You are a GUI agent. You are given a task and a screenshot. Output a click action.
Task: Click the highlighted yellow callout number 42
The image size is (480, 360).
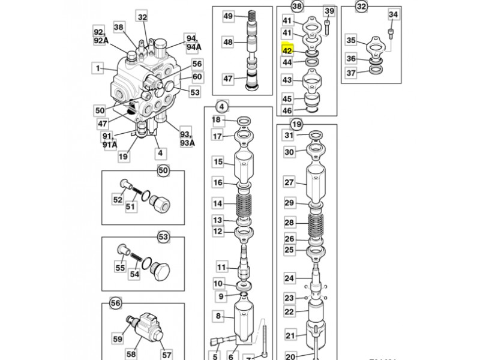click(287, 52)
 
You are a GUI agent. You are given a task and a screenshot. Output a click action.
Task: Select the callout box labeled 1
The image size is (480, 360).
click(97, 68)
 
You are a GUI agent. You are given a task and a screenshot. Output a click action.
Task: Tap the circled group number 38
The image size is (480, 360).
click(297, 7)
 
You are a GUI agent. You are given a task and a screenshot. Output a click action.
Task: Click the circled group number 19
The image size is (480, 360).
click(296, 124)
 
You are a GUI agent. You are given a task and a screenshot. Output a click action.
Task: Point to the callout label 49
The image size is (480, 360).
click(228, 16)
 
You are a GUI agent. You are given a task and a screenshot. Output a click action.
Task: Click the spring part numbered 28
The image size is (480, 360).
click(316, 223)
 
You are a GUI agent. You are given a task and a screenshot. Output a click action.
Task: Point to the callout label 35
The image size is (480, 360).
click(352, 41)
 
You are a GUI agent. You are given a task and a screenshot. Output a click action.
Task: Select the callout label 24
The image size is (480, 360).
click(290, 278)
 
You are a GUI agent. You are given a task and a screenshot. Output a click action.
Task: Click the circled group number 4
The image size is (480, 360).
click(221, 107)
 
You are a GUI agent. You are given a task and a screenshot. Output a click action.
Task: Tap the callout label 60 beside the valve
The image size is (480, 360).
click(197, 77)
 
